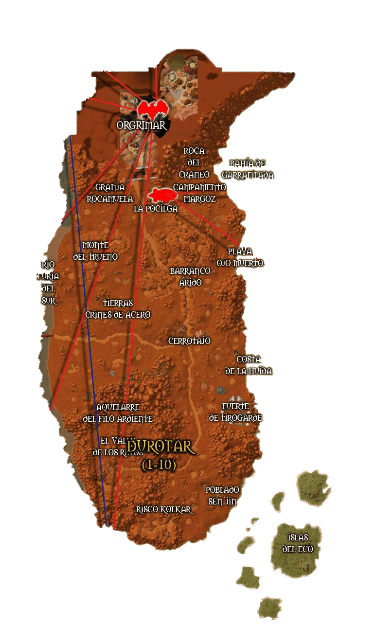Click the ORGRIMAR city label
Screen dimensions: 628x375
[143, 126]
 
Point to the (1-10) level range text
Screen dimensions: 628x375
[159, 465]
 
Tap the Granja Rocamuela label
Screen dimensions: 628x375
[110, 193]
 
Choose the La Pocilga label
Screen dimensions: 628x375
[156, 209]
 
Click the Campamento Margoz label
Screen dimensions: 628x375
[199, 193]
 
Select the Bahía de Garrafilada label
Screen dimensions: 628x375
[248, 169]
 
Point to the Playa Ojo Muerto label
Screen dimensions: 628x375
[240, 257]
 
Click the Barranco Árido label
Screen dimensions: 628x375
[190, 276]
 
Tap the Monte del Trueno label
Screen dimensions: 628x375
[95, 251]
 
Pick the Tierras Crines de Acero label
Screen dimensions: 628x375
[118, 309]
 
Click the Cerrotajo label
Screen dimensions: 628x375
[189, 341]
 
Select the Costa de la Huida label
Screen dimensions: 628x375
[249, 365]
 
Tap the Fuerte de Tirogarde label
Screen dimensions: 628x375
[235, 412]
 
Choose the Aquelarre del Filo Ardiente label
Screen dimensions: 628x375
[118, 413]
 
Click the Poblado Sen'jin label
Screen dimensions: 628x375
[222, 496]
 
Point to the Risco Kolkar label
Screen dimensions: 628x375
[164, 509]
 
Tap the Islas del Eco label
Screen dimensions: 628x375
[298, 543]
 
